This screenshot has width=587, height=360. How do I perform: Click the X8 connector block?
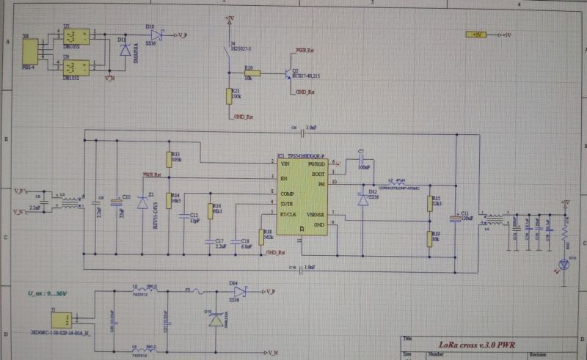click(30, 51)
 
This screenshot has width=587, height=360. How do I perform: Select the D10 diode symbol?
click(151, 34)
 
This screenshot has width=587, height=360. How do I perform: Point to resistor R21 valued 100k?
click(227, 96)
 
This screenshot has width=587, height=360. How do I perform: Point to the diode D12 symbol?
click(362, 199)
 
